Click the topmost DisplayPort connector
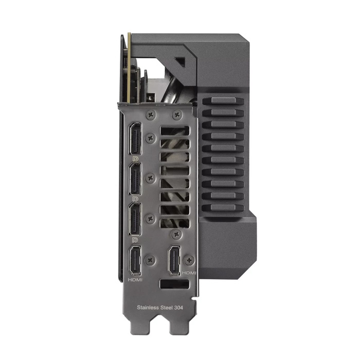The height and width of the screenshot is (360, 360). (x=136, y=139)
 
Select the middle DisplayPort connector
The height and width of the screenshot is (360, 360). (x=136, y=178)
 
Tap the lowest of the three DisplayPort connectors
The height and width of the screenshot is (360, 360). (x=136, y=219)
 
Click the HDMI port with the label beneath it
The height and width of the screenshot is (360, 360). (x=135, y=260)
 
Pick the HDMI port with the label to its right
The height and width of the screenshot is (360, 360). (x=174, y=260)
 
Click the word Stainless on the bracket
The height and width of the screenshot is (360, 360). (x=147, y=308)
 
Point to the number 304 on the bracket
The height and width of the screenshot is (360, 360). (x=178, y=308)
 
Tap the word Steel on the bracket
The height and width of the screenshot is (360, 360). (x=166, y=308)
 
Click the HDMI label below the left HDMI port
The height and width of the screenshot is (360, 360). (x=135, y=280)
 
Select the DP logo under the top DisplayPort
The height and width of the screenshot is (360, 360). (x=135, y=158)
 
